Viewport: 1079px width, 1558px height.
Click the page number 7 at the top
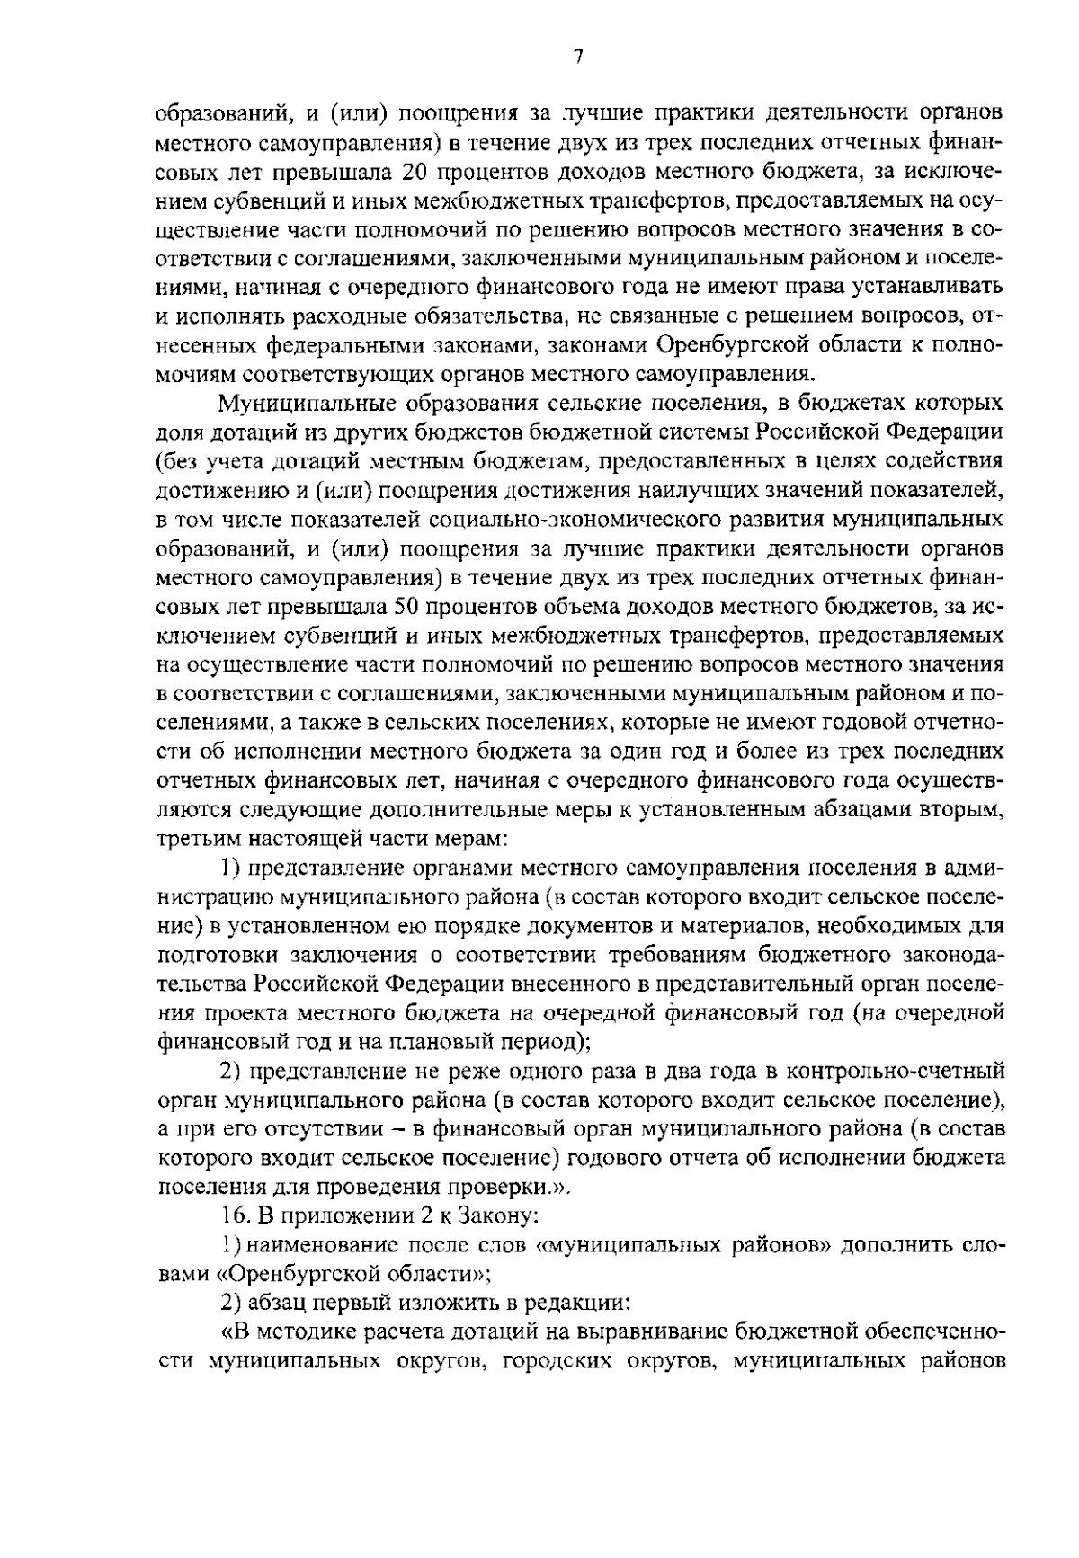[578, 57]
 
